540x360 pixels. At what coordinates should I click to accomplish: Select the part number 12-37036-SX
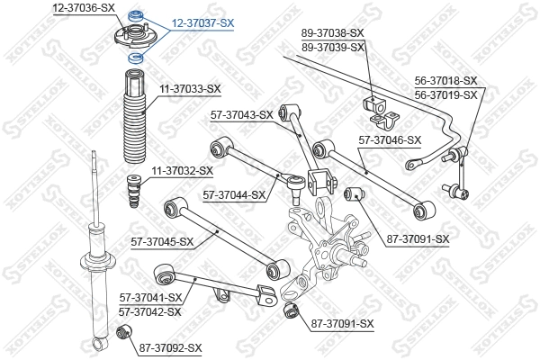tap(85, 7)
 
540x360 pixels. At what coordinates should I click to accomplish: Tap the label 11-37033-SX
tap(190, 88)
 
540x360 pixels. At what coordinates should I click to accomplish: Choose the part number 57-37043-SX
tap(241, 114)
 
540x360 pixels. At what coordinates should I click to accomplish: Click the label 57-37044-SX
tap(234, 194)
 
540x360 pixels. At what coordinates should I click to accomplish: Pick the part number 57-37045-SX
tap(162, 241)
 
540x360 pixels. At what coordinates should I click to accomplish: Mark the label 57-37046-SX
tap(390, 139)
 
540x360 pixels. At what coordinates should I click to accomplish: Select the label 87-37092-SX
tap(171, 347)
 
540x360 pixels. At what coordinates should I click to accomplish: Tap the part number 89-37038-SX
tap(333, 33)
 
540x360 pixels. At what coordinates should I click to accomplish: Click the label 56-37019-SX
tap(446, 93)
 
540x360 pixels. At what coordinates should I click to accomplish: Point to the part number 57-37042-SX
tap(150, 311)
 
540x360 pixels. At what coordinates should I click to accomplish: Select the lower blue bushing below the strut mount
tap(136, 58)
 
